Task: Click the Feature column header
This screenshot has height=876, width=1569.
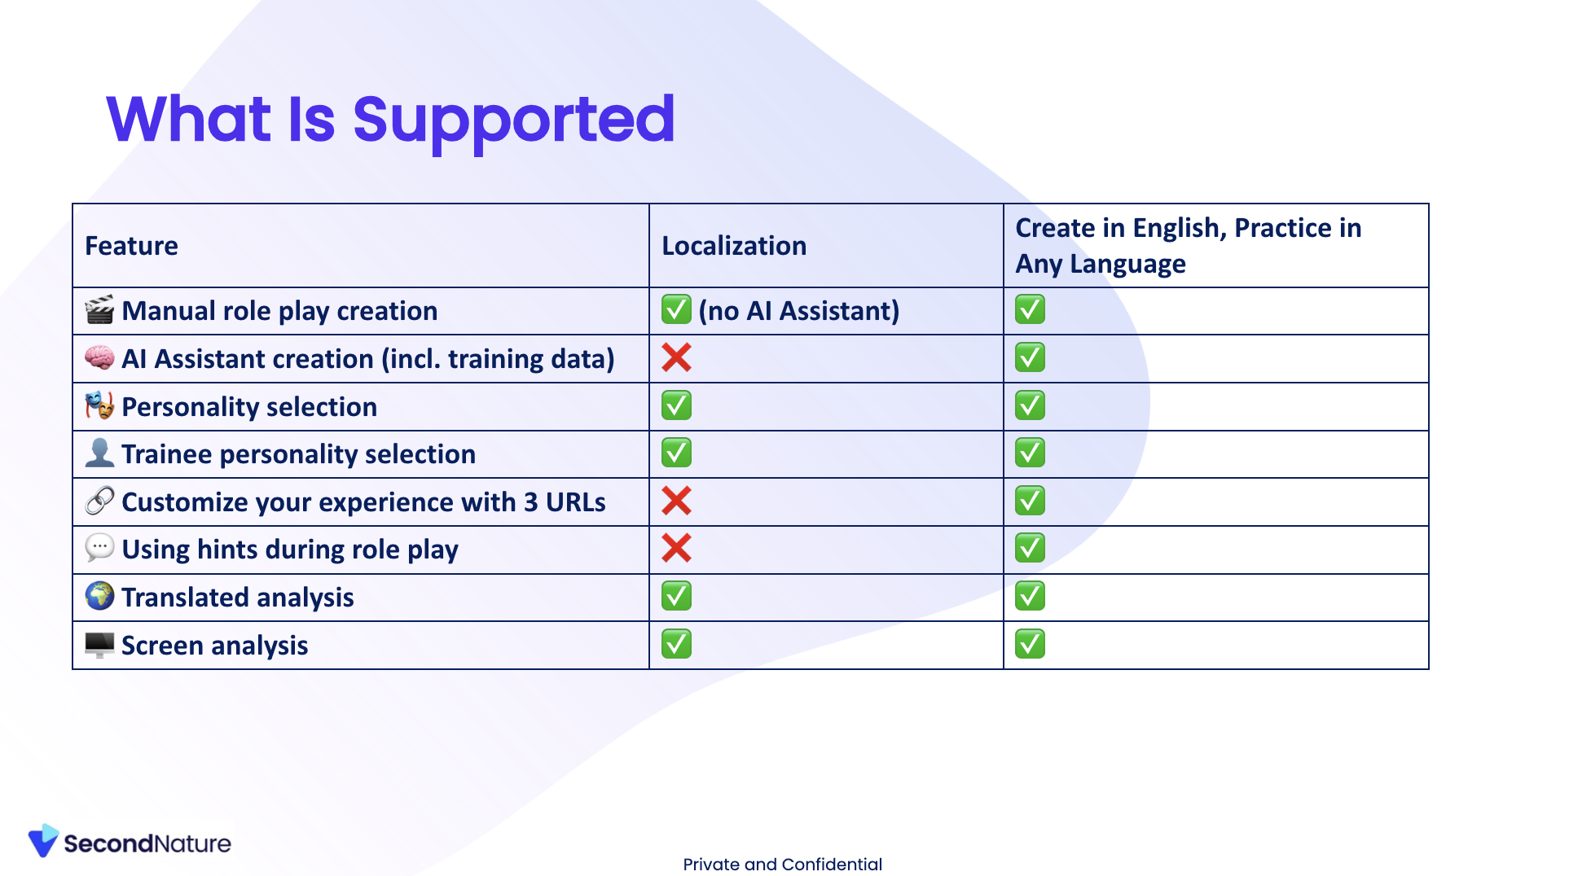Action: [x=131, y=246]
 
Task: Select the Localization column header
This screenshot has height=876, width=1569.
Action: [x=734, y=246]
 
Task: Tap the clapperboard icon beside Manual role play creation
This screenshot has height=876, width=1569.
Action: [x=99, y=310]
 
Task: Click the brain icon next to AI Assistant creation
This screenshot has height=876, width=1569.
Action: [x=99, y=357]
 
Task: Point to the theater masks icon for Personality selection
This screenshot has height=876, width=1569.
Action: [x=99, y=405]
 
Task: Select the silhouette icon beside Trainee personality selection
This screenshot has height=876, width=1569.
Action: [x=99, y=453]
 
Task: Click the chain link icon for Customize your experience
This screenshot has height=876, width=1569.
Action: [x=99, y=501]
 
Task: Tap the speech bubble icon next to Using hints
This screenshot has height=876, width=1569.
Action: [x=99, y=548]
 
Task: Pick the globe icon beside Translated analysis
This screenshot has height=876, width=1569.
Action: [x=99, y=596]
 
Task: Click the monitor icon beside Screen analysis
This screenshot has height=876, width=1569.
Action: [x=99, y=645]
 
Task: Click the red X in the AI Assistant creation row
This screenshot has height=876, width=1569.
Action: [x=676, y=357]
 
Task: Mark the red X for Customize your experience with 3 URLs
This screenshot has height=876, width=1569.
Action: [x=676, y=501]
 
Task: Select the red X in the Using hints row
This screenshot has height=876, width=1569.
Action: [x=676, y=548]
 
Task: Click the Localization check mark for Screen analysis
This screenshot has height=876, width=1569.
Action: [x=676, y=644]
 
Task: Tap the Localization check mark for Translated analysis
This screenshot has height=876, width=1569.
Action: [x=676, y=596]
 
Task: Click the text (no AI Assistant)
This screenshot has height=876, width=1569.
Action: [x=799, y=311]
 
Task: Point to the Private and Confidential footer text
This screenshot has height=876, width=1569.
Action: [x=782, y=865]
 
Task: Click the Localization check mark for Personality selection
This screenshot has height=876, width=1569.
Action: [x=676, y=405]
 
